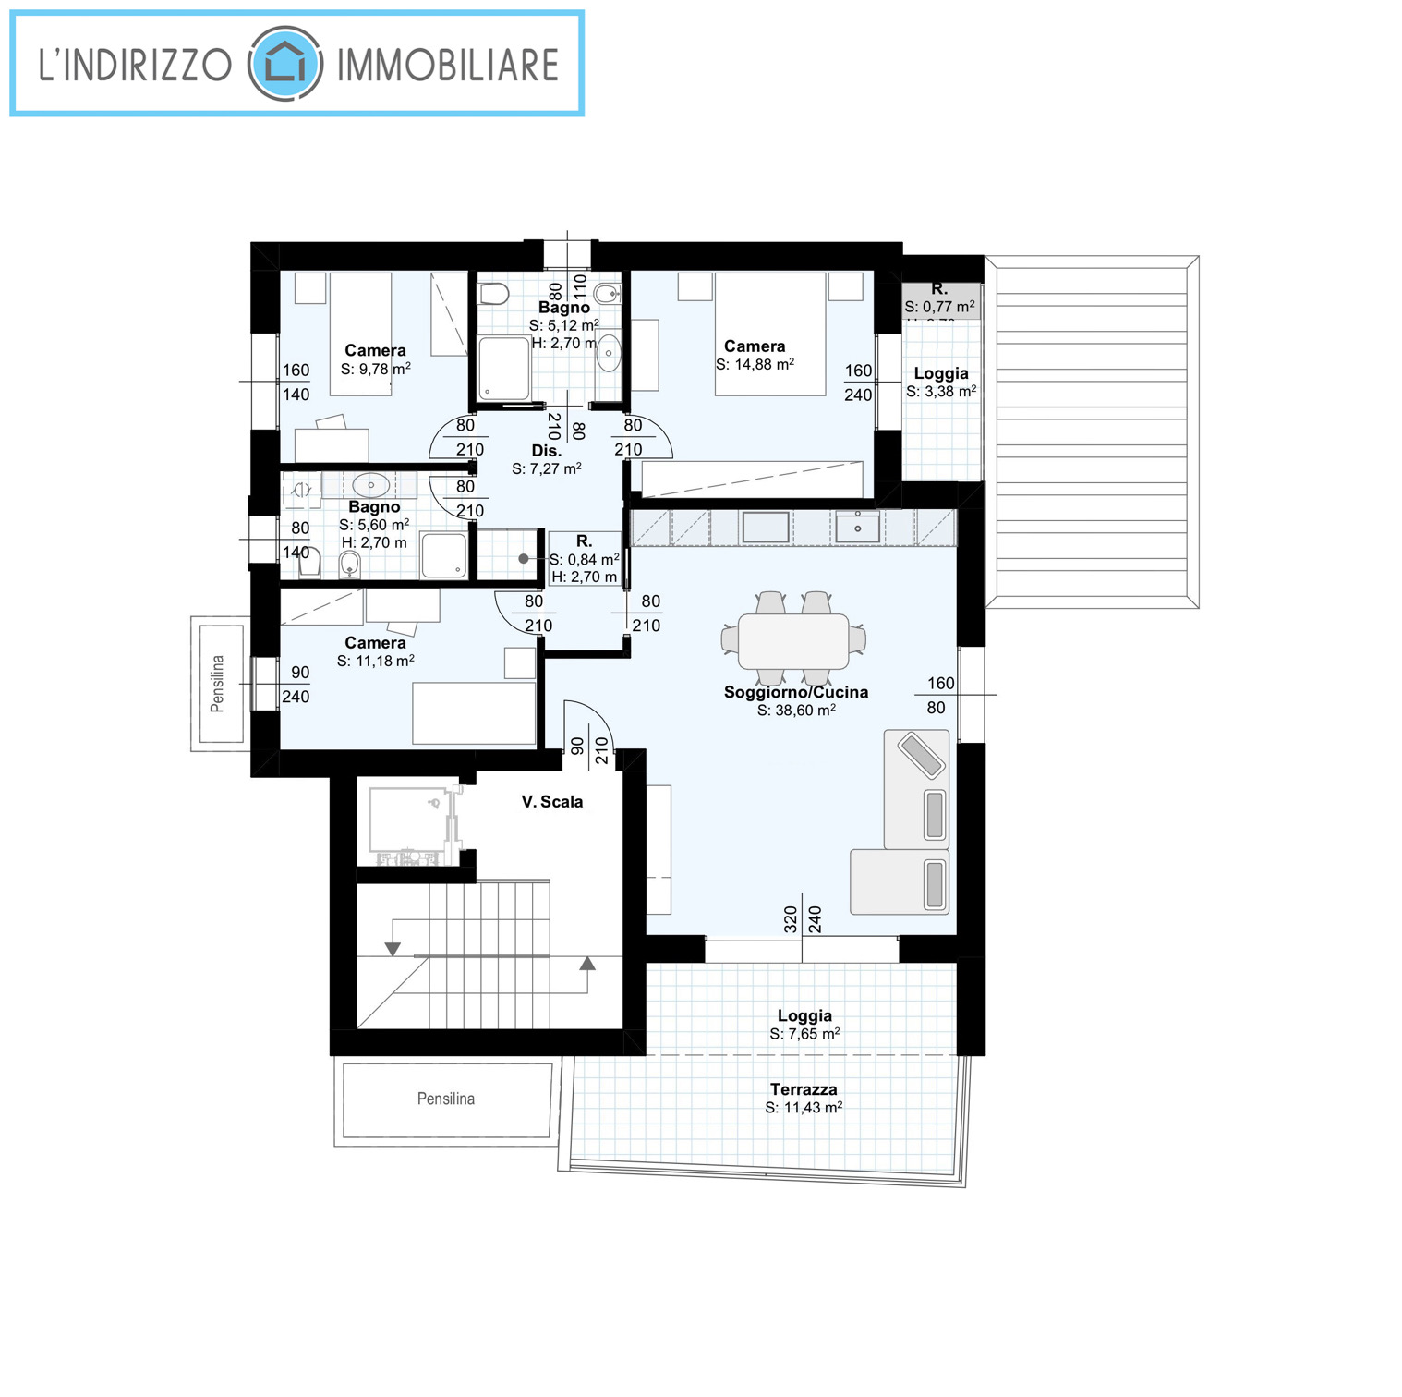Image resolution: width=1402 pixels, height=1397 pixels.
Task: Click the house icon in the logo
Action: point(285,65)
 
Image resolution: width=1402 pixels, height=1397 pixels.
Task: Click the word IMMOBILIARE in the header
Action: point(448,65)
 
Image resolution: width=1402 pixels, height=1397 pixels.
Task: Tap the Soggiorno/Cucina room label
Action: point(796,692)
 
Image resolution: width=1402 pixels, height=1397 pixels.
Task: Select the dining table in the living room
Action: point(793,641)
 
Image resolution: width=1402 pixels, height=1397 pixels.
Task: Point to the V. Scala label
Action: point(552,802)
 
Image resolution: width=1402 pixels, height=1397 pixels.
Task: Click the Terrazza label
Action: point(804,1089)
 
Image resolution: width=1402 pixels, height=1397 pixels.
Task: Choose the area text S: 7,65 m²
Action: point(804,1034)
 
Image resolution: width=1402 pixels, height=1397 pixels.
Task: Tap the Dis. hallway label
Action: point(546,451)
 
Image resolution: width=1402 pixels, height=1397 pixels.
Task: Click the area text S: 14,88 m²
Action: point(755,364)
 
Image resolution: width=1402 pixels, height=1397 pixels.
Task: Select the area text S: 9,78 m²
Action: point(375,369)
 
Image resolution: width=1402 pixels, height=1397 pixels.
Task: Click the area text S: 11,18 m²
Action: point(375,661)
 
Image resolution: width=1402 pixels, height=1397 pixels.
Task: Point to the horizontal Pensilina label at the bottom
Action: point(446,1099)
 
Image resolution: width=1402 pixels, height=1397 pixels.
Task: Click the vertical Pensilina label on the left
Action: point(217,684)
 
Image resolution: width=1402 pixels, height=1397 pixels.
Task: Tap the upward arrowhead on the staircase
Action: point(587,963)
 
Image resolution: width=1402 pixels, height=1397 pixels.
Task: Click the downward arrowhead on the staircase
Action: point(393,949)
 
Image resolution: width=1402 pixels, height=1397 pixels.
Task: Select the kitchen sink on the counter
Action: point(858,527)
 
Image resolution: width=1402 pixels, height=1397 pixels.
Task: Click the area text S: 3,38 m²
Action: point(941,391)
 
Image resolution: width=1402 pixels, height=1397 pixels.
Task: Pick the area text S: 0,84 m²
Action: point(584,559)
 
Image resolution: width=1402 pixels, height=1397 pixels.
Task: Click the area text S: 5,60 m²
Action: point(374,525)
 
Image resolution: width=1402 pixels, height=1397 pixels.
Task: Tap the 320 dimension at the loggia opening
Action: point(791,919)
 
